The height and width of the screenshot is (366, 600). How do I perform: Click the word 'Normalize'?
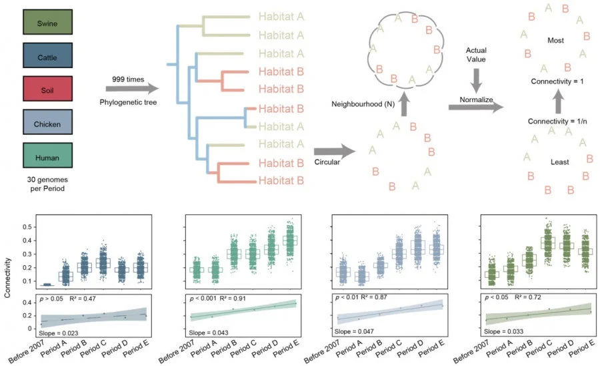476,99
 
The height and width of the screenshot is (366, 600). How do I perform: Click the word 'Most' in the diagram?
557,41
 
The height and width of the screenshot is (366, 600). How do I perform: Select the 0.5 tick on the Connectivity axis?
29,227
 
